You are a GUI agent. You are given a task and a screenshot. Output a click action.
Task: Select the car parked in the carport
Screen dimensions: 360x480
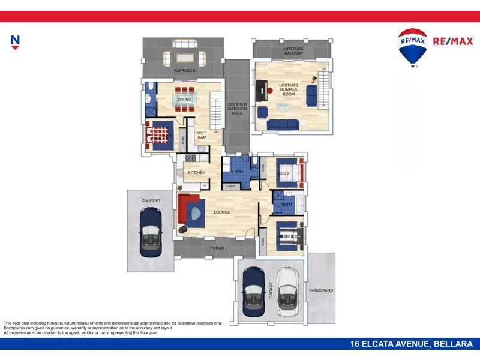[150, 232]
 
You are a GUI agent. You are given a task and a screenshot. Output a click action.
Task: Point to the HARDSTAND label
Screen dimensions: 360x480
[321, 290]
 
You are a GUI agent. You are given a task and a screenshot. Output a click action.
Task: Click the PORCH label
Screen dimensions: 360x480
[217, 247]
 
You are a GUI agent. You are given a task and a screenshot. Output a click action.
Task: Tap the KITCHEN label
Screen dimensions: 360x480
[197, 172]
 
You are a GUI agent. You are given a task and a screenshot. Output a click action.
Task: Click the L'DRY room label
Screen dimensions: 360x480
[237, 172]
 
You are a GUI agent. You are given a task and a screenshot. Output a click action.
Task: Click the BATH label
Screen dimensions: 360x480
[286, 205]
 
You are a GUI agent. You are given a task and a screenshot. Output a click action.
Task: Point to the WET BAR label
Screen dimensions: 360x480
[202, 136]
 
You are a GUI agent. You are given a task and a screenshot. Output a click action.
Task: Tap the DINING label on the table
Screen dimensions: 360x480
[184, 99]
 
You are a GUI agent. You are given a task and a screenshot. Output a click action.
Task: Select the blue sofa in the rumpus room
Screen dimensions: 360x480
[283, 124]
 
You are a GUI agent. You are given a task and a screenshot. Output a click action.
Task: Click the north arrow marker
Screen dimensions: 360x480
[16, 41]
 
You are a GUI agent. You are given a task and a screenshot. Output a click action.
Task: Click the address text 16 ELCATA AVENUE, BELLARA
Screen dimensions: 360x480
[412, 344]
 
